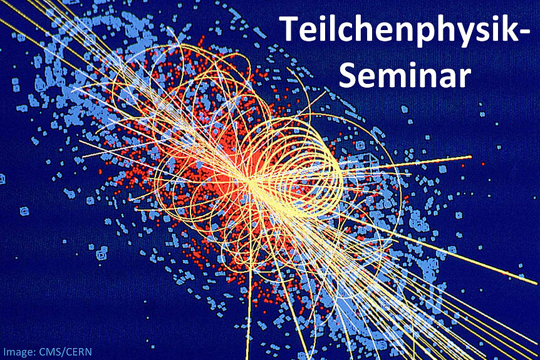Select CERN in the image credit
point(79,352)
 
